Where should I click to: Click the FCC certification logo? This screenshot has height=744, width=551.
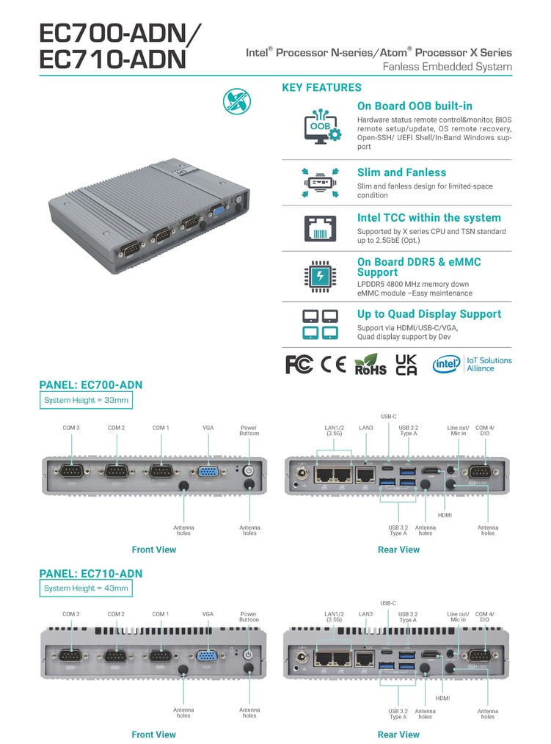[299, 365]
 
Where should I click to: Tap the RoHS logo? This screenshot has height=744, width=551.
[370, 365]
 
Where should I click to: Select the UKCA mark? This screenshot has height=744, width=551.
[406, 365]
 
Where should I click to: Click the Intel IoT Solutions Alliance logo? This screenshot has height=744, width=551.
[472, 365]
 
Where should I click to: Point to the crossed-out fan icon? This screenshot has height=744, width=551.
[236, 101]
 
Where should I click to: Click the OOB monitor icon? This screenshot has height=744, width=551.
[321, 126]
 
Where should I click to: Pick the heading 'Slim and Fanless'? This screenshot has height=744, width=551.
[401, 172]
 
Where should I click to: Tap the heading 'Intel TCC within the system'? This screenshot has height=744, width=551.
[428, 218]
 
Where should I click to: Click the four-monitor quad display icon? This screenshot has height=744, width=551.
[321, 324]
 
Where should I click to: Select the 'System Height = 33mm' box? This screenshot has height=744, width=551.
[86, 400]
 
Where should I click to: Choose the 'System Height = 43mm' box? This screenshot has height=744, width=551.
[86, 588]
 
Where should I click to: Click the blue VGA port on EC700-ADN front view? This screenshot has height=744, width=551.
[208, 473]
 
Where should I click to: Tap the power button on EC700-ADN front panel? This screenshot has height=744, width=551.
[248, 470]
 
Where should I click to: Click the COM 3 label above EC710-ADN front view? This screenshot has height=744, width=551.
[71, 614]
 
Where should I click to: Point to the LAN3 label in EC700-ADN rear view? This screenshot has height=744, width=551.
[366, 427]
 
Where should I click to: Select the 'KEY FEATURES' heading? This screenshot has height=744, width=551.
[321, 88]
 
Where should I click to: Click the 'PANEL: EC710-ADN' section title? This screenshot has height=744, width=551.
[90, 573]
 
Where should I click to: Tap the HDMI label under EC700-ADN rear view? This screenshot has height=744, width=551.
[445, 515]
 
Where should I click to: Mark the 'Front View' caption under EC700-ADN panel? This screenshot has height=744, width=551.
[153, 550]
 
